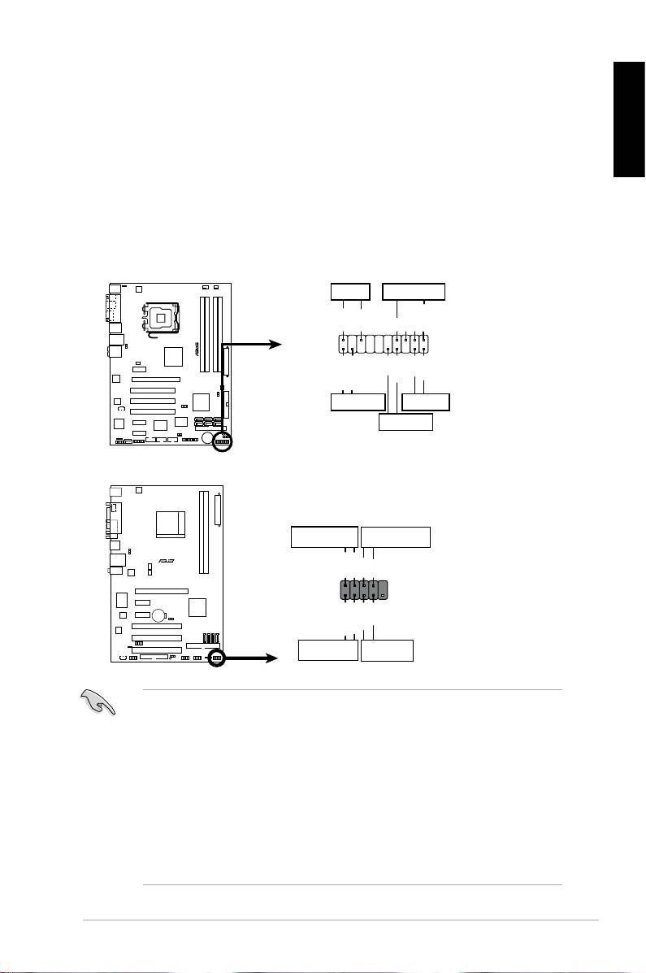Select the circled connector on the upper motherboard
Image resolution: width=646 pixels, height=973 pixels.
click(x=222, y=441)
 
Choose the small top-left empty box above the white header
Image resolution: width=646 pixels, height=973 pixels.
click(x=350, y=292)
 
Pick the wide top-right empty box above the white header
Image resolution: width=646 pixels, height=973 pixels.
click(x=414, y=292)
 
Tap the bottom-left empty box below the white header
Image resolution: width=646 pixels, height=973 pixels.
click(x=358, y=402)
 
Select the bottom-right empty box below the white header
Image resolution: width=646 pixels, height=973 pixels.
click(x=426, y=402)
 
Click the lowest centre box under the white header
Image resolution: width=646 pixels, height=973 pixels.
click(x=406, y=422)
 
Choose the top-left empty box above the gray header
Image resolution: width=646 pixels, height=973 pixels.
click(x=324, y=537)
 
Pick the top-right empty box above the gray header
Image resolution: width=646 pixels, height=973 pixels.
click(x=396, y=537)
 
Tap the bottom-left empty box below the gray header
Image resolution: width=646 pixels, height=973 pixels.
click(x=327, y=650)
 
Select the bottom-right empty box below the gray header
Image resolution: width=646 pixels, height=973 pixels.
click(x=387, y=650)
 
